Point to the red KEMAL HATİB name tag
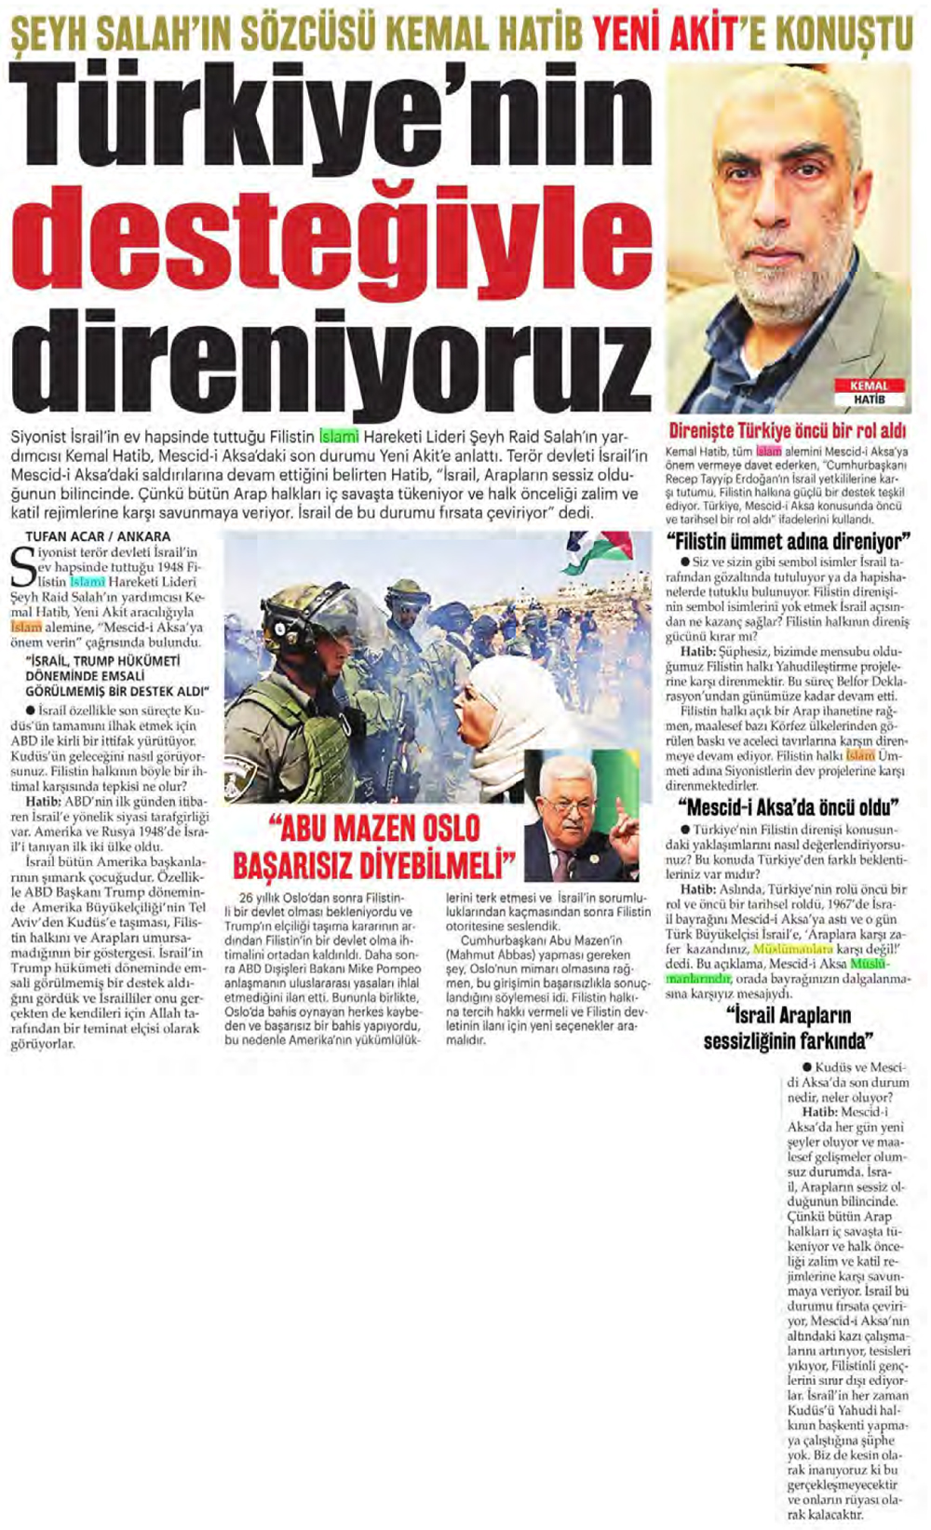click(x=869, y=391)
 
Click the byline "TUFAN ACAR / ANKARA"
click(x=98, y=536)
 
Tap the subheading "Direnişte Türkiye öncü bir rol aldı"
click(x=788, y=431)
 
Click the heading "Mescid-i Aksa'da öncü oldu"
click(x=787, y=806)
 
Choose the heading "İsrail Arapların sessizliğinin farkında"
click(x=788, y=1027)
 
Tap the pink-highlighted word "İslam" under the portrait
click(x=769, y=452)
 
